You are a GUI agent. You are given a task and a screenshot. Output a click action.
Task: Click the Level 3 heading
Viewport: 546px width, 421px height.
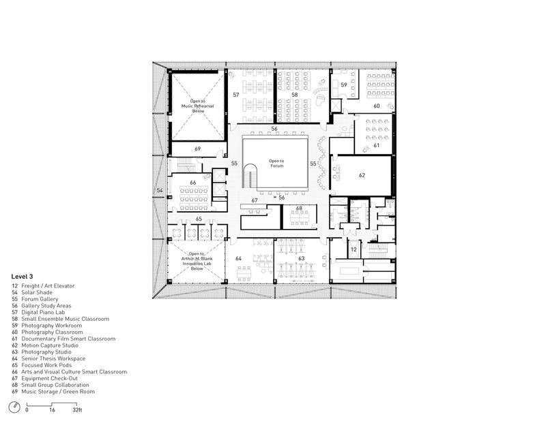22,277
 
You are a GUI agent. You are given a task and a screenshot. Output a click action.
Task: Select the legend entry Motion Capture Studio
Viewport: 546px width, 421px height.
50,345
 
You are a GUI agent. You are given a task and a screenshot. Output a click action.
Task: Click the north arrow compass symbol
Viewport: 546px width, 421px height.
14,407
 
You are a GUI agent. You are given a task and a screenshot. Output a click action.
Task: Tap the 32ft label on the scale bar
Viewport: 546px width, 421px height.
77,410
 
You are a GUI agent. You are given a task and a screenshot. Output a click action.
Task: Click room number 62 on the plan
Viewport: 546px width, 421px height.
362,175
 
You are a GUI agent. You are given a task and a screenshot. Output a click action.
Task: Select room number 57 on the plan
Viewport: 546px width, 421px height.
236,95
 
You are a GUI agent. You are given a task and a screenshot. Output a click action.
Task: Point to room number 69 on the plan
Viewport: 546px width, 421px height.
197,149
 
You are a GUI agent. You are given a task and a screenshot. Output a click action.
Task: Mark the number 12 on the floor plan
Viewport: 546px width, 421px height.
354,249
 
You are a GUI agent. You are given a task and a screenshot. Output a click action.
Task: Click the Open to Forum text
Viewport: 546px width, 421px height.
276,163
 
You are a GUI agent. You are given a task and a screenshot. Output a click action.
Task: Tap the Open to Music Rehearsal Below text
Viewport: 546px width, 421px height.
198,106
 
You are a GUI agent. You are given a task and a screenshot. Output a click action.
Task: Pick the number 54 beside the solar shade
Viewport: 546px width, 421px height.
160,190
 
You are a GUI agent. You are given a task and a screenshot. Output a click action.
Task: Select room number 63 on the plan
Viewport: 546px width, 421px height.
301,258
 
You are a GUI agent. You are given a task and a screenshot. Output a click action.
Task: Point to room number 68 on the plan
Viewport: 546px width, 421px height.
299,208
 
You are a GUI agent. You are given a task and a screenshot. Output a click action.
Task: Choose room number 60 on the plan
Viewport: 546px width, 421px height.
377,106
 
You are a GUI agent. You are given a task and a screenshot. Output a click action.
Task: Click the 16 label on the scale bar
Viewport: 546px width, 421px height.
52,410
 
